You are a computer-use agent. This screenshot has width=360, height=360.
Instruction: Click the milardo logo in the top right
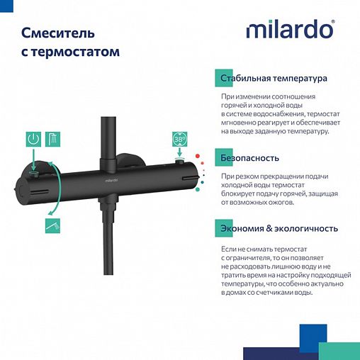click(289, 31)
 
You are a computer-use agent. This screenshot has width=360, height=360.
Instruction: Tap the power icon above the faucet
click(33, 139)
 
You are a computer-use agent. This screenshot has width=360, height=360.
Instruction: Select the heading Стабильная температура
click(274, 79)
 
